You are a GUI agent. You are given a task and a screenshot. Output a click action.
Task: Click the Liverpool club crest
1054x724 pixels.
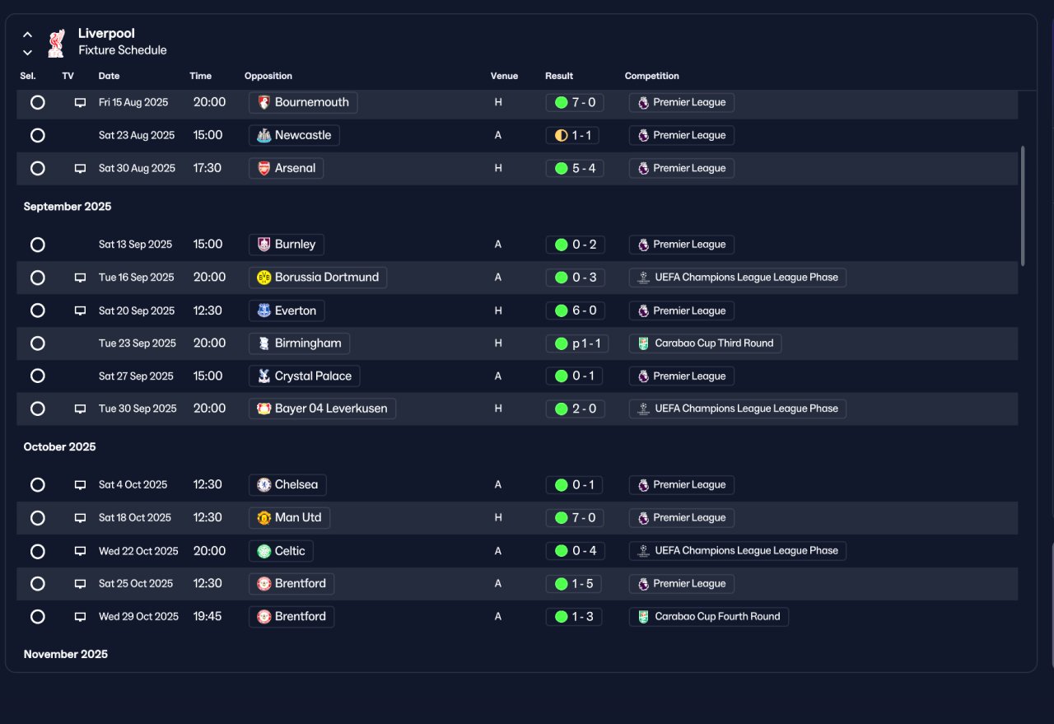[x=57, y=44]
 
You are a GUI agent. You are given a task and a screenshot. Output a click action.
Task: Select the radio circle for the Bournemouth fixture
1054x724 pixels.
[x=38, y=102]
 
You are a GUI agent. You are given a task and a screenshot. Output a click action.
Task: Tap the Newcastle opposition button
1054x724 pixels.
[x=294, y=136]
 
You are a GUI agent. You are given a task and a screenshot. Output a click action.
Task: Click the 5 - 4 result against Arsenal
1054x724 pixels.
[x=575, y=168]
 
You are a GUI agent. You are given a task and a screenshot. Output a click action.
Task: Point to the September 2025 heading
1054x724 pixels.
[x=68, y=207]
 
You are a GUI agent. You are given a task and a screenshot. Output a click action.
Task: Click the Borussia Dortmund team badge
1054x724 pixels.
[x=264, y=278]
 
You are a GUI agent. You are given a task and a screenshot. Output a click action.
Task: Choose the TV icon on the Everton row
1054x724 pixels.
[x=81, y=311]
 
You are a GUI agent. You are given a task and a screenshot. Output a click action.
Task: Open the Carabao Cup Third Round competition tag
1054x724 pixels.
[x=705, y=343]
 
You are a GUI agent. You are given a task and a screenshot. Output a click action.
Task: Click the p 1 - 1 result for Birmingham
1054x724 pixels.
[x=577, y=343]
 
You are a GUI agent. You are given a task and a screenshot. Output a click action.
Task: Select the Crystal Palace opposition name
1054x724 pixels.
[x=313, y=376]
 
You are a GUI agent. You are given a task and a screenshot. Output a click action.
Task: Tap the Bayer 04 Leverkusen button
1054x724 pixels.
[x=322, y=409]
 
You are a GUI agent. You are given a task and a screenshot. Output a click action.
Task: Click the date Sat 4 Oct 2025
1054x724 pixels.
[x=133, y=485]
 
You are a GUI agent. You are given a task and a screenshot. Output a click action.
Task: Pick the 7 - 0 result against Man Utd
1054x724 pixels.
[x=575, y=518]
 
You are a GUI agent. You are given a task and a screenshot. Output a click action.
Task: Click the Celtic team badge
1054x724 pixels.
[x=264, y=551]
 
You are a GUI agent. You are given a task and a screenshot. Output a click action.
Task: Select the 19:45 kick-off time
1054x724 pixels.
[x=207, y=616]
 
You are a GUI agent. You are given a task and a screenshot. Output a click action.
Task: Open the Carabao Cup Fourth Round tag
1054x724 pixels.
[x=709, y=617]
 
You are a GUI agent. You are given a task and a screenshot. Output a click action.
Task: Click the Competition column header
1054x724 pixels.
[x=651, y=76]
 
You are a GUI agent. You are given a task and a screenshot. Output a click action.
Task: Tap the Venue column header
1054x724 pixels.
[x=504, y=76]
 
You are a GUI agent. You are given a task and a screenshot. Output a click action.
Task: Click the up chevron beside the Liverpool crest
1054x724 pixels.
[x=28, y=35]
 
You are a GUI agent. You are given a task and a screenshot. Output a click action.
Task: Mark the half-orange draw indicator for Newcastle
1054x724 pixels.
[x=561, y=136]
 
